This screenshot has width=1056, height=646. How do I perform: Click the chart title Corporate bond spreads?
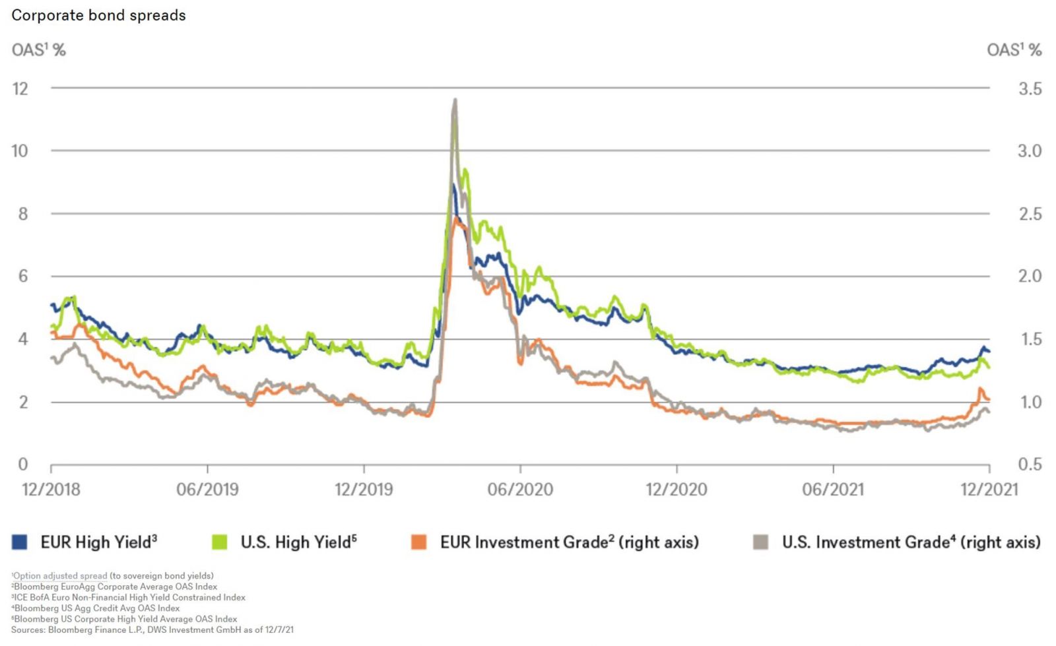pos(99,15)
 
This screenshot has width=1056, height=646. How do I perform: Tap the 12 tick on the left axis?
pos(20,88)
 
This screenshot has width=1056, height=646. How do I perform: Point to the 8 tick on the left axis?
pos(23,214)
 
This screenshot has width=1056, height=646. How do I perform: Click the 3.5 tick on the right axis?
pos(1030,88)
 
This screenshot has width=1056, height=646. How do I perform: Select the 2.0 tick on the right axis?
pos(1030,276)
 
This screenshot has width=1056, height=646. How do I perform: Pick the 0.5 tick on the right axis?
pos(1030,465)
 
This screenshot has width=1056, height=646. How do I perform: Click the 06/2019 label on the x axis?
pos(207,490)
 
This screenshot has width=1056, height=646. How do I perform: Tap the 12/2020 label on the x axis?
pos(676,490)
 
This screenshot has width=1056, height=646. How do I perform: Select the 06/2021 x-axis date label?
pos(833,490)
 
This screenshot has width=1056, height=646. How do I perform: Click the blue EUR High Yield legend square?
pos(20,542)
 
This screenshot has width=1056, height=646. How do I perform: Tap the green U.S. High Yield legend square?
pos(219,542)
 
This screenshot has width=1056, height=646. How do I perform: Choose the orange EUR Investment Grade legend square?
pos(418,542)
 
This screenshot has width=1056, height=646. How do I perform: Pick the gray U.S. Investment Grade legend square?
pos(760,542)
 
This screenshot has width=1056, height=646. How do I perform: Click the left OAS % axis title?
pos(38,50)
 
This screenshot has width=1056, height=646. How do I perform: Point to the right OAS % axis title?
pos(1014,50)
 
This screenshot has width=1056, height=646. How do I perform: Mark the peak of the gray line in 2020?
pos(455,100)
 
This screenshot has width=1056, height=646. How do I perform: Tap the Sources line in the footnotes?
pos(152,630)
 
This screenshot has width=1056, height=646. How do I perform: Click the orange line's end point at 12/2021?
pos(989,400)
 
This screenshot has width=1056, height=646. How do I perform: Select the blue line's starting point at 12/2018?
pos(52,304)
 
